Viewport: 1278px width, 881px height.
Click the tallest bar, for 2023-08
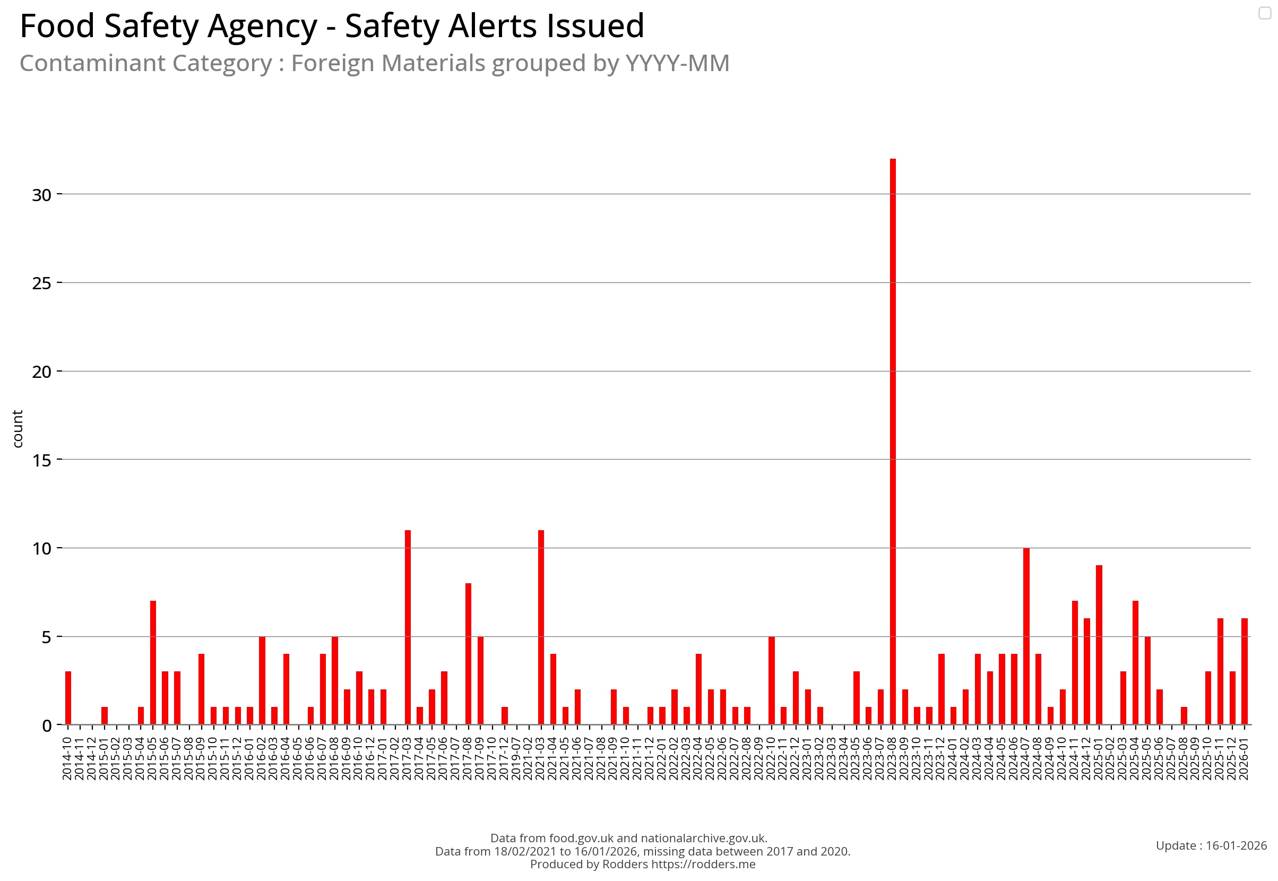893,442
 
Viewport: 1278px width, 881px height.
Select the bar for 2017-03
408,628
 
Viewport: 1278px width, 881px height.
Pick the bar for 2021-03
541,628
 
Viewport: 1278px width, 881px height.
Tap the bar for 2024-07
1026,636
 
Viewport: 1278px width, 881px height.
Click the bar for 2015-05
153,663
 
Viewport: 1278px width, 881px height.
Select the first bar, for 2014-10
68,698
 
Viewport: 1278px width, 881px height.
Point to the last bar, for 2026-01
1245,672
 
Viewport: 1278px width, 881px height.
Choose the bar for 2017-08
468,654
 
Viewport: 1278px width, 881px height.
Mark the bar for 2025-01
1099,645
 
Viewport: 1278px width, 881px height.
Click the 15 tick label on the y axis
41,460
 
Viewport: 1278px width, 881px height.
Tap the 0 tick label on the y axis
46,726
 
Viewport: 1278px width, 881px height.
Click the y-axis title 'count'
18,429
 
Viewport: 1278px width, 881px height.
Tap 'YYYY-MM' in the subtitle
677,63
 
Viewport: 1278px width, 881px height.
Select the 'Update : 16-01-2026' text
1211,845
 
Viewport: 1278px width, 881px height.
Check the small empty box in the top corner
1265,13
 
